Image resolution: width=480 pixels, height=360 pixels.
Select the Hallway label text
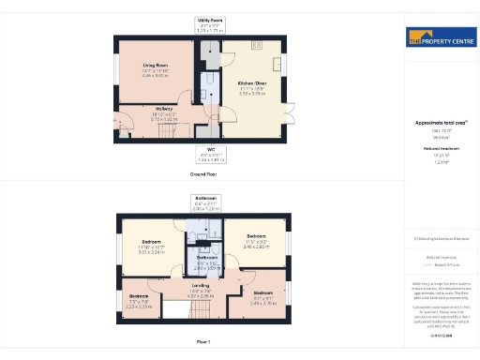(151, 112)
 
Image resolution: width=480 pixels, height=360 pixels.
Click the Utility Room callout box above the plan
(209, 23)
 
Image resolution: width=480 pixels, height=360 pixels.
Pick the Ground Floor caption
(202, 173)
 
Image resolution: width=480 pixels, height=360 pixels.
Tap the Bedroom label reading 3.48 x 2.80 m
(256, 239)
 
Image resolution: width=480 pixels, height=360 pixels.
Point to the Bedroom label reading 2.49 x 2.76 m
(263, 297)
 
